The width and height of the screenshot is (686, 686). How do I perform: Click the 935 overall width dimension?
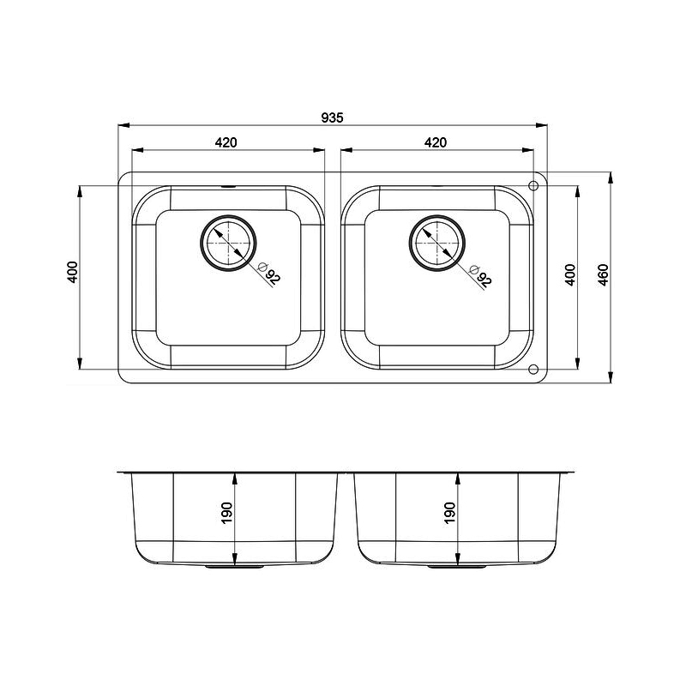pyautogui.click(x=333, y=117)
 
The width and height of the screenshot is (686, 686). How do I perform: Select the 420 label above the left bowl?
pyautogui.click(x=226, y=142)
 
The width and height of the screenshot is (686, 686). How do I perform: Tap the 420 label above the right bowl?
pyautogui.click(x=436, y=142)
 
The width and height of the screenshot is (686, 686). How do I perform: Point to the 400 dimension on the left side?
pyautogui.click(x=73, y=272)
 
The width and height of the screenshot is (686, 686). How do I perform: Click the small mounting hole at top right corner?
pyautogui.click(x=533, y=185)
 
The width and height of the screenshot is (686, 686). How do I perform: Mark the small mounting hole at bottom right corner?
pyautogui.click(x=533, y=370)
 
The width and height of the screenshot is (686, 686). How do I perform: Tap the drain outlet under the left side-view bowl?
pyautogui.click(x=232, y=567)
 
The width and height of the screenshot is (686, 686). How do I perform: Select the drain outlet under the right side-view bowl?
pyautogui.click(x=455, y=567)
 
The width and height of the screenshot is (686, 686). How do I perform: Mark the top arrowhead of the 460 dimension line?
pyautogui.click(x=611, y=177)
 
